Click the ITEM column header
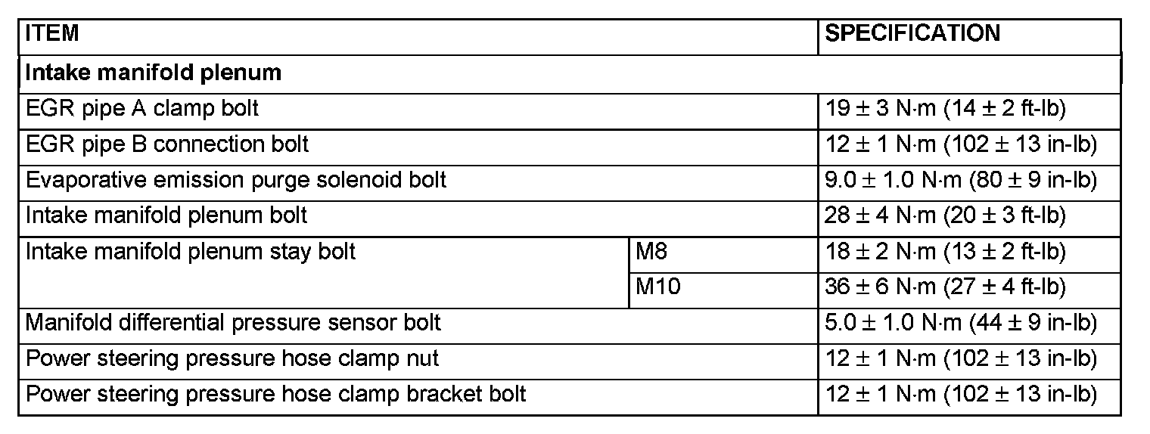(x=52, y=34)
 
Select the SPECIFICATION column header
(x=912, y=34)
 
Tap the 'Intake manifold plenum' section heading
(x=154, y=73)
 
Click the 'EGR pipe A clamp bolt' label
(x=142, y=108)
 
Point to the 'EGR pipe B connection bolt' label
(x=167, y=144)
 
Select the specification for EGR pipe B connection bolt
(x=960, y=144)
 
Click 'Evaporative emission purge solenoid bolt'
(x=236, y=180)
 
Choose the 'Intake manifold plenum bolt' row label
(x=166, y=215)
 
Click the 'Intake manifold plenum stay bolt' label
(x=191, y=251)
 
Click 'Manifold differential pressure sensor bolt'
(x=233, y=323)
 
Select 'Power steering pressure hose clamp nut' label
(x=232, y=358)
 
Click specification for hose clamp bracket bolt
(x=960, y=394)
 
